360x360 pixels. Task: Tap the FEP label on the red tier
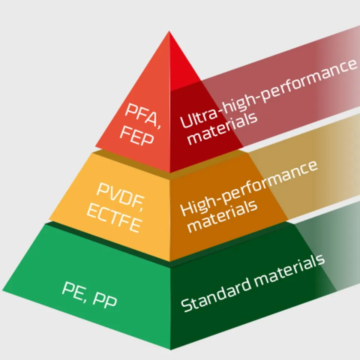[x=136, y=136]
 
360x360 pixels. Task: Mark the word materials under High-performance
[x=222, y=216]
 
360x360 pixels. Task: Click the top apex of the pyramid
[x=169, y=31]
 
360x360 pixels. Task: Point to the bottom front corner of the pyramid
[x=170, y=350]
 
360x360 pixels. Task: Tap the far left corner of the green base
[x=3, y=291]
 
